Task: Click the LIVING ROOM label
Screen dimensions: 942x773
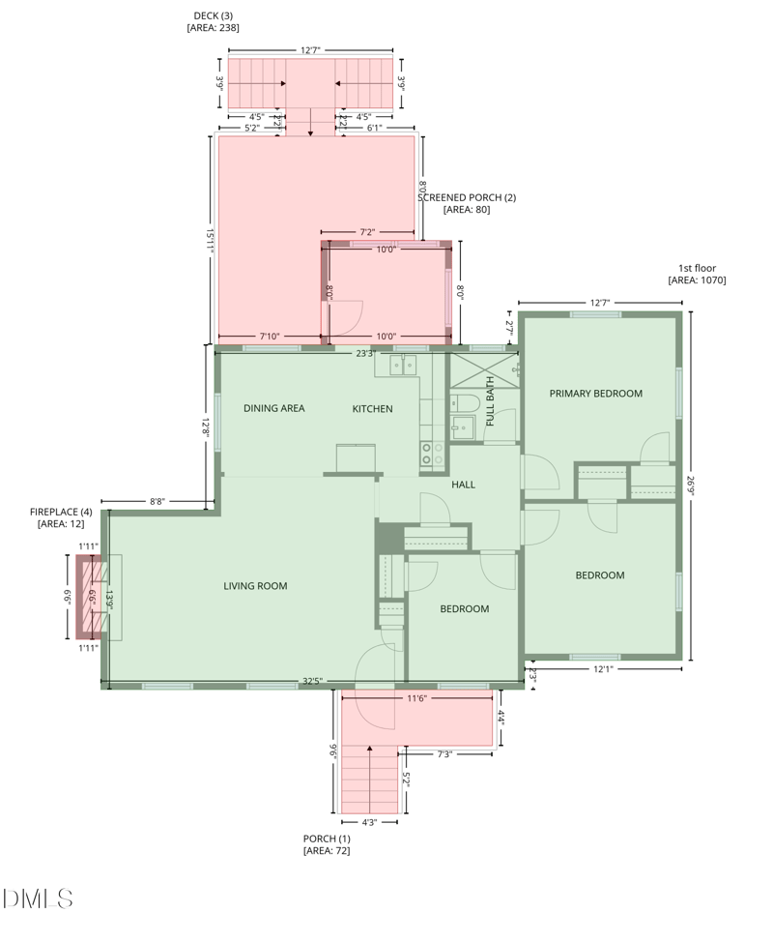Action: (x=255, y=585)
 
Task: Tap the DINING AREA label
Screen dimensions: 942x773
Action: (x=273, y=408)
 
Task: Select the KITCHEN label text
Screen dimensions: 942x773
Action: (x=372, y=409)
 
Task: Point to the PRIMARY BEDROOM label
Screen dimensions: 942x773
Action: (x=595, y=394)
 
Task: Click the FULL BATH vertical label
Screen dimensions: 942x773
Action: (x=490, y=402)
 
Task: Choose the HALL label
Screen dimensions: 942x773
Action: (x=463, y=485)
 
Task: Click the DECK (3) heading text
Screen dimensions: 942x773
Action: (x=213, y=15)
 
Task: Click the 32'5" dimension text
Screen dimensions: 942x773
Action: (x=311, y=681)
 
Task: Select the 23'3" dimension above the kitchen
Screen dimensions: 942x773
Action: (x=364, y=353)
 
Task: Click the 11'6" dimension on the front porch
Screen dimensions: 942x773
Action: (x=417, y=697)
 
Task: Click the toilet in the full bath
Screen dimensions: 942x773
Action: (x=464, y=403)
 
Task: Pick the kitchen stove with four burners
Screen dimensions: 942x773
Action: (x=432, y=454)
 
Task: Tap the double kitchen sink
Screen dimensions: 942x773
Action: (x=403, y=365)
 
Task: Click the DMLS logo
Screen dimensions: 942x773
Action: (x=38, y=898)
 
